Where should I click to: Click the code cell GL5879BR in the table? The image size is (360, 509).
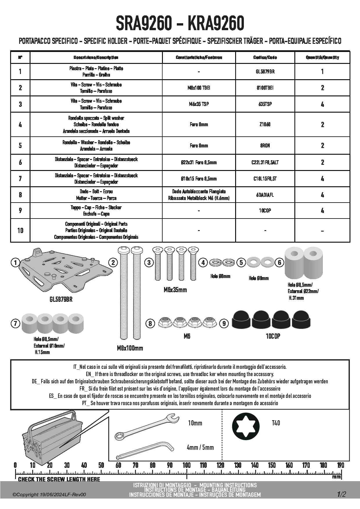pos(265,71)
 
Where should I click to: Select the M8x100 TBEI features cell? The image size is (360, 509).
pos(199,88)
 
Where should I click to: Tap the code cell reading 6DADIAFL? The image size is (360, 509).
pos(265,195)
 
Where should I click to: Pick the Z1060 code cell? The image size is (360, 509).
pos(265,124)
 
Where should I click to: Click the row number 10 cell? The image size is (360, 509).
pos(20,230)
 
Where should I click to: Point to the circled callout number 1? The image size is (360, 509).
pos(15,263)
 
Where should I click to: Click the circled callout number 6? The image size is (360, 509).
pos(279,263)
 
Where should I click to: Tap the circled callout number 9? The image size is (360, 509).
pos(224,323)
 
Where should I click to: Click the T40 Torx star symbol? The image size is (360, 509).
pos(246,426)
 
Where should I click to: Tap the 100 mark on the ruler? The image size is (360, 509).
pos(186,465)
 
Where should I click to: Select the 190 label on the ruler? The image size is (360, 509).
pos(340,465)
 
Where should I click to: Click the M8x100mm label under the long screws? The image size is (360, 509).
pos(130,348)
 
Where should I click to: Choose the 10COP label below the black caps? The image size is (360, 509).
pos(273,336)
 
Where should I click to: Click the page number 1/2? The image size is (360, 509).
pos(341,494)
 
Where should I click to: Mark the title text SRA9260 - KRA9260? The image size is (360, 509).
pos(180,24)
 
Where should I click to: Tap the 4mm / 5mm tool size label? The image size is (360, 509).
pos(200,447)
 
